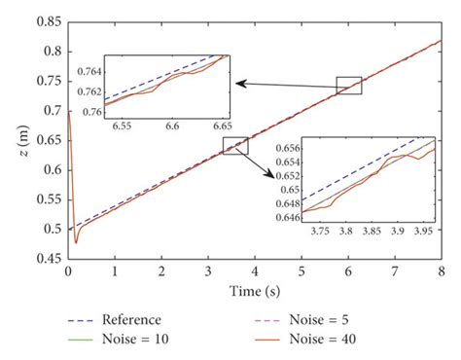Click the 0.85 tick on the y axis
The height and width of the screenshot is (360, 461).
50,17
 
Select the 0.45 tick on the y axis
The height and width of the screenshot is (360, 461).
50,261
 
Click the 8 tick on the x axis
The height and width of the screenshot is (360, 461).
443,271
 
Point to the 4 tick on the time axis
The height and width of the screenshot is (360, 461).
255,271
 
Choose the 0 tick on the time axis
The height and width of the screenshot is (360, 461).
68,271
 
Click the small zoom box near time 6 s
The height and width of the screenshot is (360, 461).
348,86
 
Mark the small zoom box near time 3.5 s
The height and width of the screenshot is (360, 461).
235,146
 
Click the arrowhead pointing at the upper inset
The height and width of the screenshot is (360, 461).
234,85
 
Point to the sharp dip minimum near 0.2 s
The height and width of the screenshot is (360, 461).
75,243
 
